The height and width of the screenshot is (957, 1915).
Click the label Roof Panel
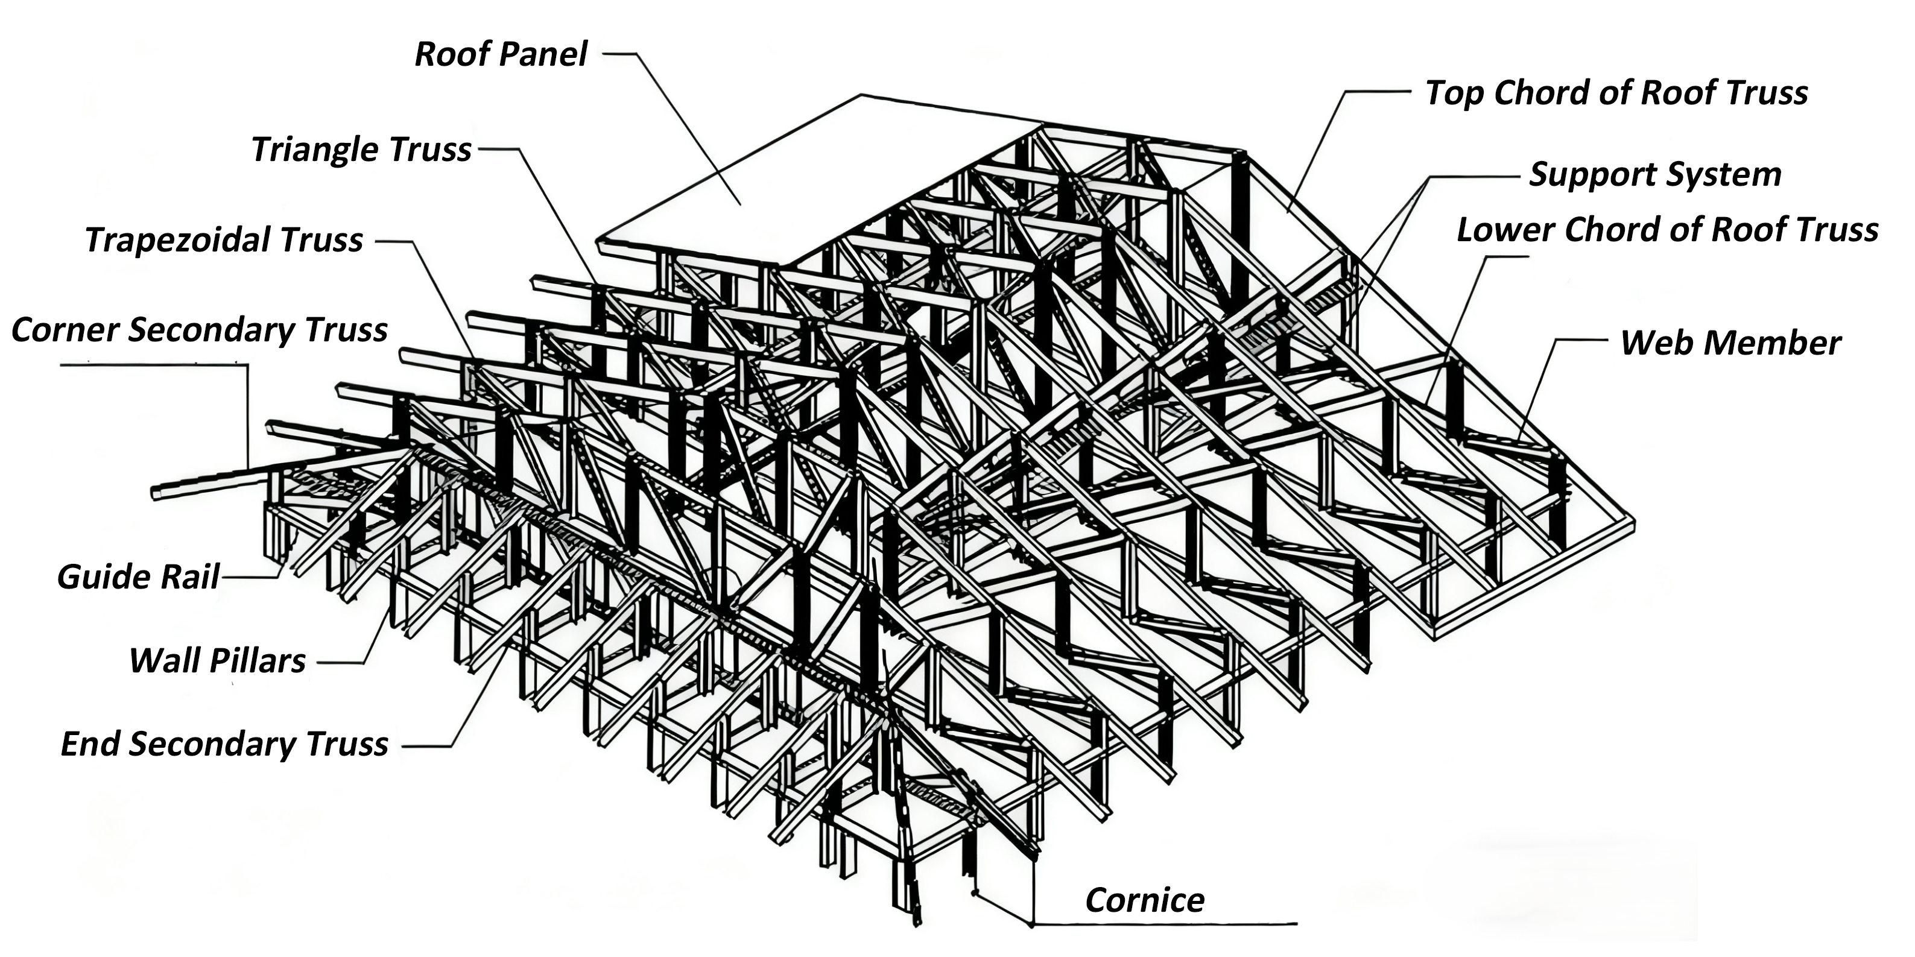(x=500, y=54)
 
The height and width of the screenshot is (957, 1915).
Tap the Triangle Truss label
(x=361, y=150)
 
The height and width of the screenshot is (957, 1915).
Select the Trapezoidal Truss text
(x=224, y=240)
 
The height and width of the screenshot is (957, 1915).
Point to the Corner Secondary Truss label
(x=199, y=330)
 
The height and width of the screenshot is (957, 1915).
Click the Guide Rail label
(x=138, y=577)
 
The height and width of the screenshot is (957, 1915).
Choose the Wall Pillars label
(x=217, y=660)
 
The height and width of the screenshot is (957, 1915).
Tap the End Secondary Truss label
(x=224, y=744)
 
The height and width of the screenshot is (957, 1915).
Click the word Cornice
(x=1144, y=900)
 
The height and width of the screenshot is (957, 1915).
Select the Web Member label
(x=1730, y=343)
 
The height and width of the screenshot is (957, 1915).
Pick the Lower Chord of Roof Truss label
(x=1667, y=230)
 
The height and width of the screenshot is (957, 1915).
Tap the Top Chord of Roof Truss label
(x=1616, y=93)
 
